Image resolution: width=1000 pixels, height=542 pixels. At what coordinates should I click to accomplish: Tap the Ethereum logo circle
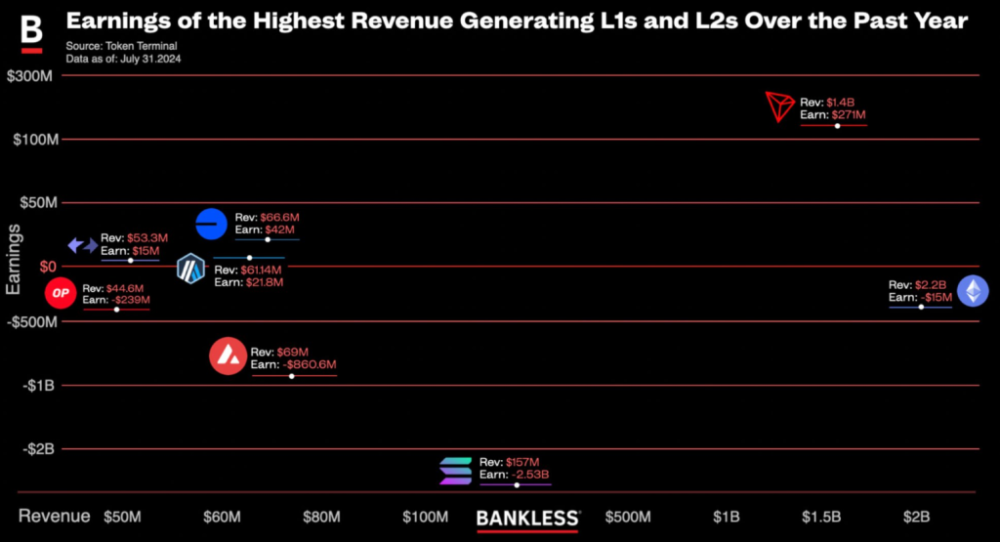tap(972, 291)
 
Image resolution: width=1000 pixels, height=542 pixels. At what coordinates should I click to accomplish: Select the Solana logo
tap(455, 471)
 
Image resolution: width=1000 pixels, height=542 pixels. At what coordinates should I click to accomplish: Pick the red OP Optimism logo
tap(61, 292)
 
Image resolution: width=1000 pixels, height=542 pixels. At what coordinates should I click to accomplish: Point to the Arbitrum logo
tap(191, 269)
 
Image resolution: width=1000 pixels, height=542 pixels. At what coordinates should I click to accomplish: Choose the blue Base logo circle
tap(211, 224)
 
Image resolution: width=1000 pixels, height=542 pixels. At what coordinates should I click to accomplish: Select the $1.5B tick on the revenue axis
tap(821, 517)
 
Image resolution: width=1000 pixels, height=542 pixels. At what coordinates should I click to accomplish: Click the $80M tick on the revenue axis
tap(321, 517)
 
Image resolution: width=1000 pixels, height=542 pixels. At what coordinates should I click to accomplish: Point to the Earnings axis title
tap(14, 259)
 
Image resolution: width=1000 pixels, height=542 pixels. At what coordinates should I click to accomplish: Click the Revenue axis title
tap(55, 516)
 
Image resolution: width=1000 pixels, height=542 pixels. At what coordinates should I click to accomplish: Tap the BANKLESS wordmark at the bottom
tap(527, 518)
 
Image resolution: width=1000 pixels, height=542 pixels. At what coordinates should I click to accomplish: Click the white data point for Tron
tap(837, 126)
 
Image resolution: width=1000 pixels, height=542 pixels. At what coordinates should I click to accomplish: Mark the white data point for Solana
tap(518, 485)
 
